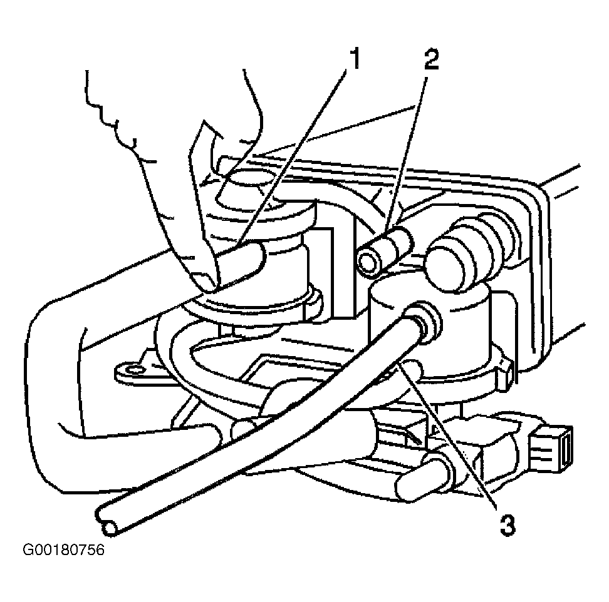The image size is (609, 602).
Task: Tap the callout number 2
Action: (x=431, y=58)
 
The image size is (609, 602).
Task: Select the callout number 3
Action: (x=507, y=525)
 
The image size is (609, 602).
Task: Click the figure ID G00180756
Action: (x=64, y=549)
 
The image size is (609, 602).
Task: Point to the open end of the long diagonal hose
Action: (x=110, y=528)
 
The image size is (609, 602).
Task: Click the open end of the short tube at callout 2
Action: (x=367, y=263)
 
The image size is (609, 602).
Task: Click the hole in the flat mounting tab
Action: (x=135, y=371)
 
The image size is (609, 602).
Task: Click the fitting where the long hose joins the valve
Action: (x=425, y=321)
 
